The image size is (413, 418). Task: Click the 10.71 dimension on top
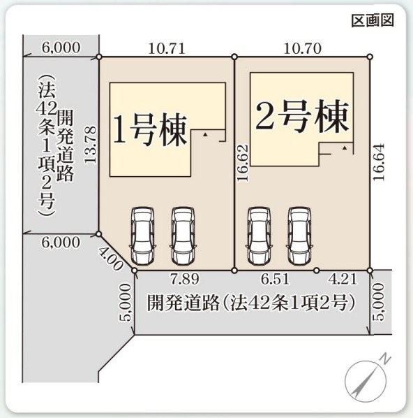(166, 48)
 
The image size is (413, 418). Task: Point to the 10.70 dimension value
(302, 48)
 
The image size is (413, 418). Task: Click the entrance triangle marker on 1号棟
(204, 132)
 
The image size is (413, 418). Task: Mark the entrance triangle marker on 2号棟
(344, 149)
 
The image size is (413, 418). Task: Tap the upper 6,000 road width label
(61, 48)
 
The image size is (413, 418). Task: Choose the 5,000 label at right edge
(377, 305)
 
